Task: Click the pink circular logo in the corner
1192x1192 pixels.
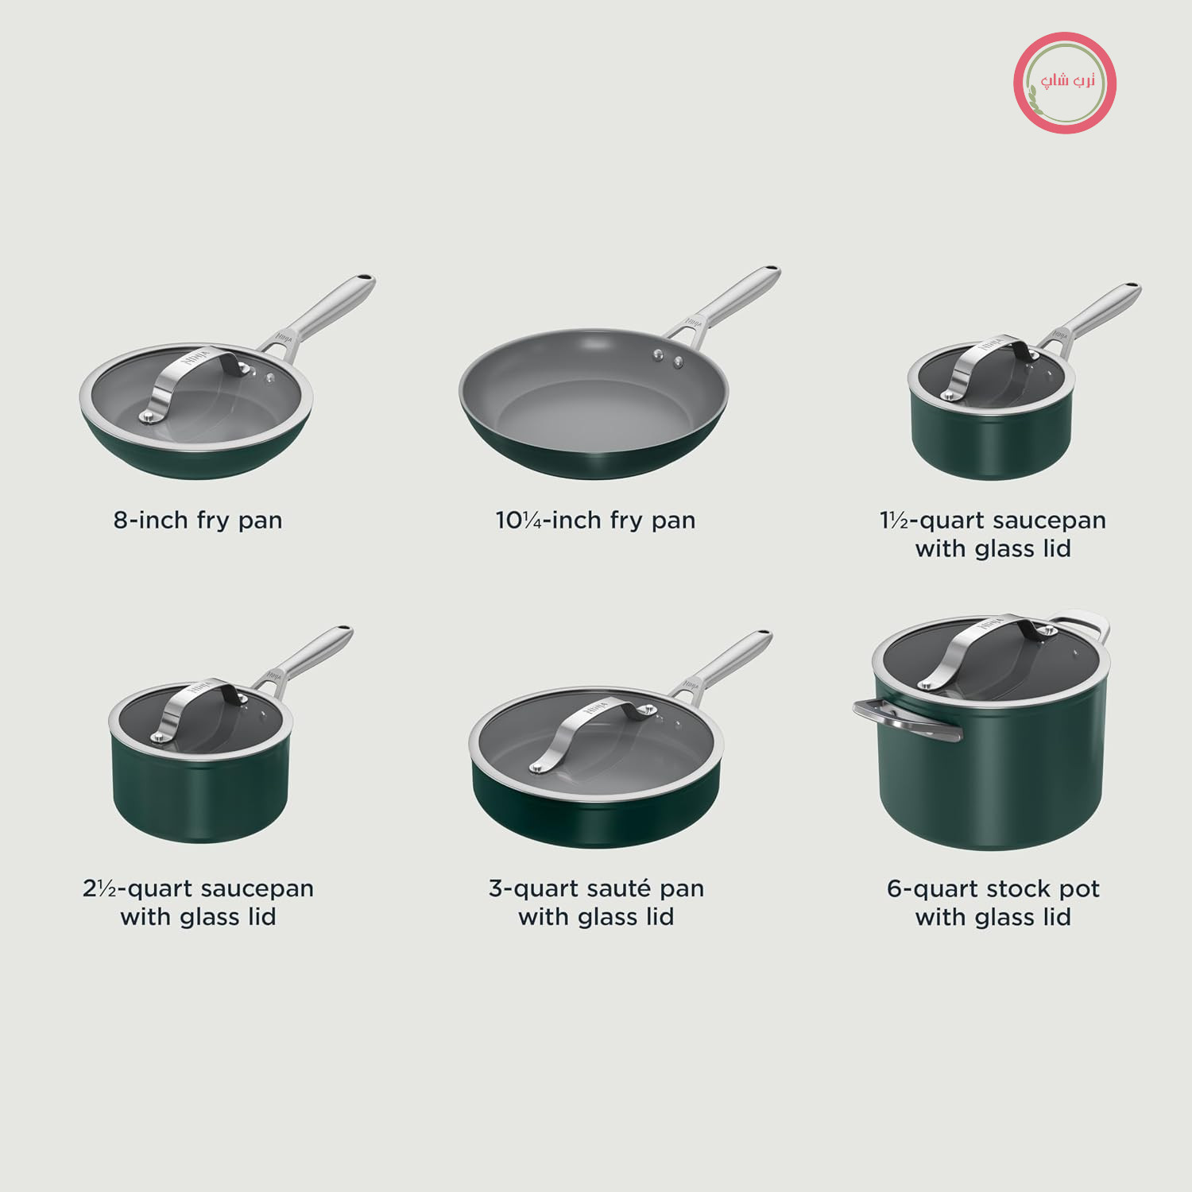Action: (1065, 83)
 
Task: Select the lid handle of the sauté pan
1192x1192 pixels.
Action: (592, 731)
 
